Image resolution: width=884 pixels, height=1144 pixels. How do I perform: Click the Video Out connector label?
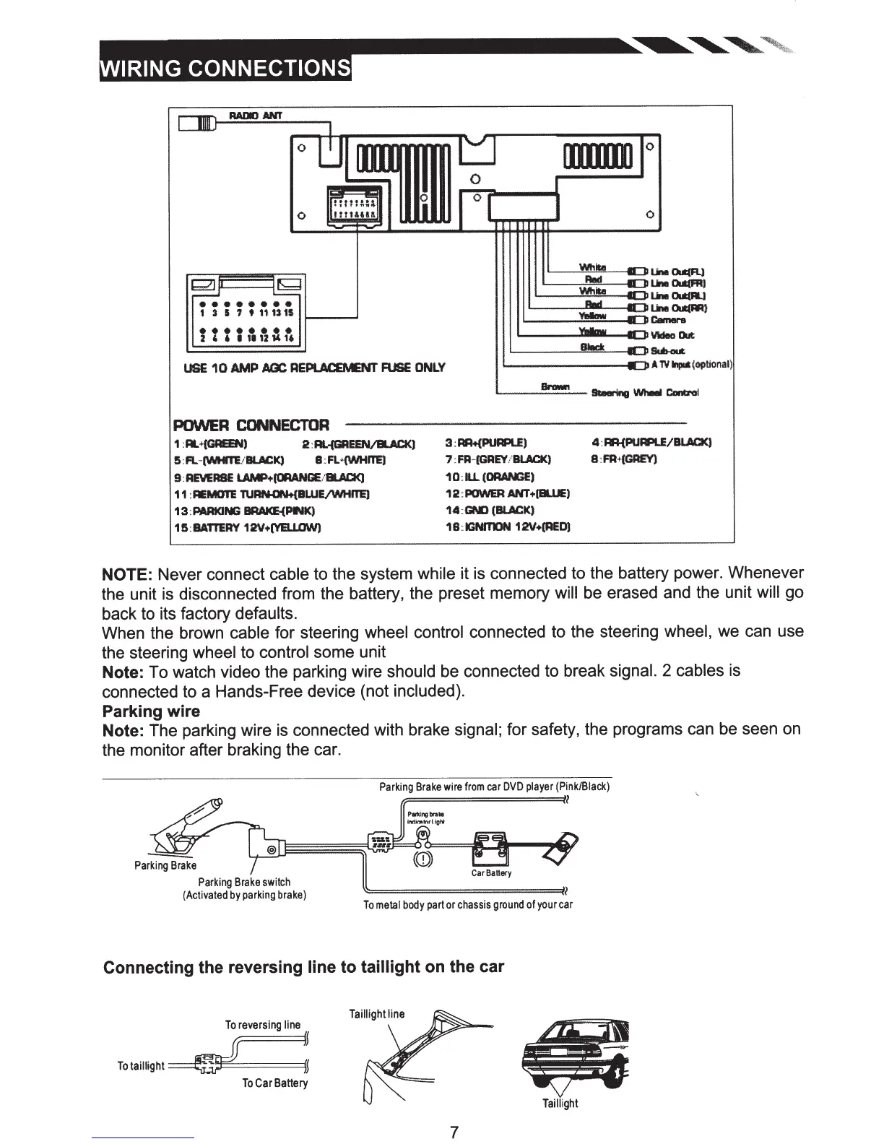point(672,335)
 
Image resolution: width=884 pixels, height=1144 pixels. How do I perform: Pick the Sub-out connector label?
point(667,350)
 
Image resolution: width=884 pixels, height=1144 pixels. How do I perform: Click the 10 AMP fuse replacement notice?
point(315,367)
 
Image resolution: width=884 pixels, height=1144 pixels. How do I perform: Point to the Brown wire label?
point(556,387)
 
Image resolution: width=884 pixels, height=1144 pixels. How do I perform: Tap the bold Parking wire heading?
point(151,711)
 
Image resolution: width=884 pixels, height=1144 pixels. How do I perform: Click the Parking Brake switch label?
point(244,882)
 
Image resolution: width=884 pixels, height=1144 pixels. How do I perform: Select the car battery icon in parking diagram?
point(491,848)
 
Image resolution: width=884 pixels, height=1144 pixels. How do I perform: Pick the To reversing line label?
point(262,1025)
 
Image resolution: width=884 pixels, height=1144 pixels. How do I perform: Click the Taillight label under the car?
point(560,1103)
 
